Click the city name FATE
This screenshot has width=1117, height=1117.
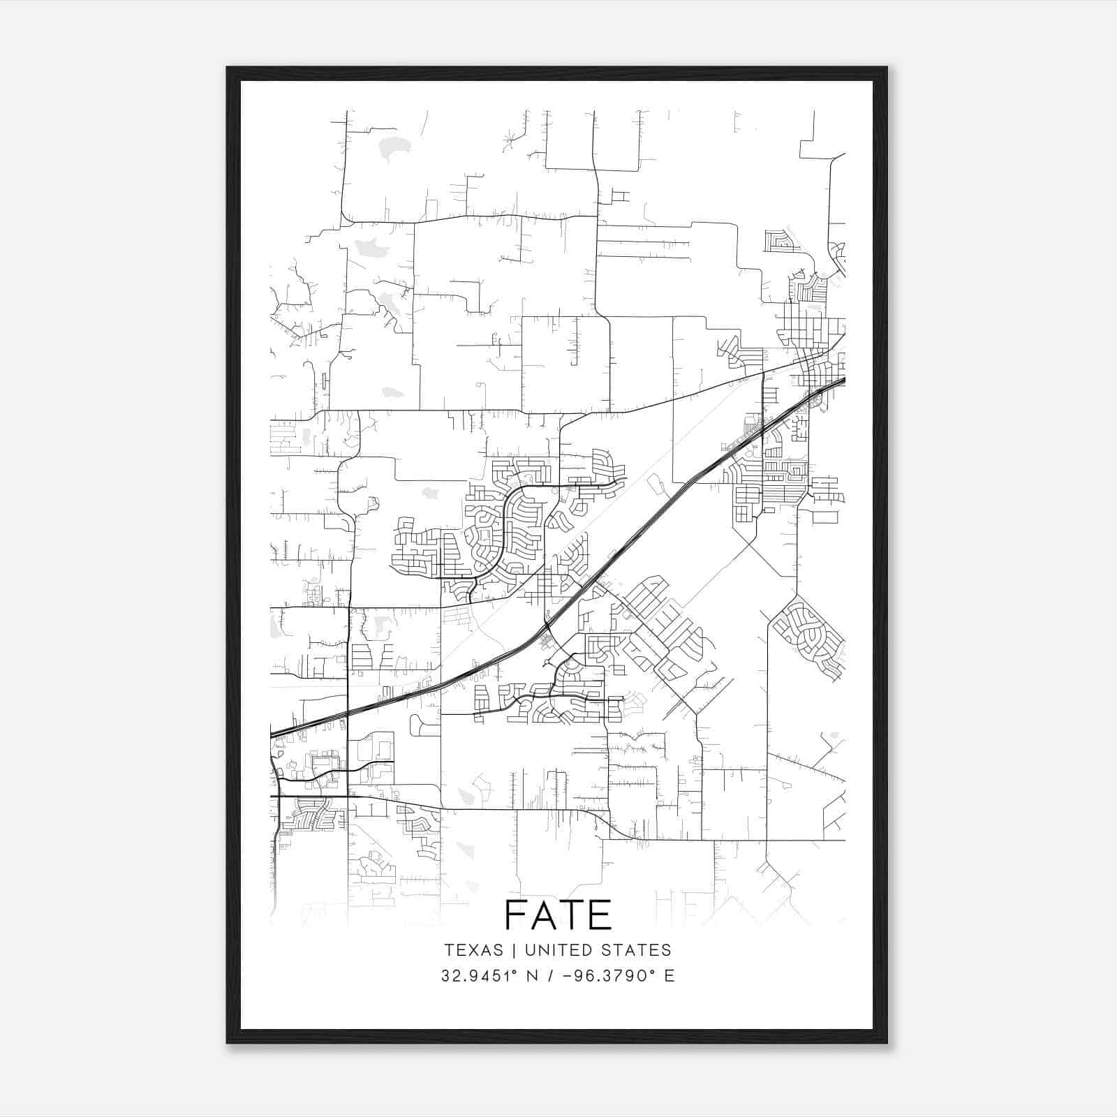(x=558, y=915)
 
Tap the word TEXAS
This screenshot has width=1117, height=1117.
(x=474, y=950)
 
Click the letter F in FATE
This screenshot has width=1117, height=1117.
(x=516, y=915)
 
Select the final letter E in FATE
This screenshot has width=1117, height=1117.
(x=601, y=915)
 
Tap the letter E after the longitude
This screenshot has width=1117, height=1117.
(x=670, y=975)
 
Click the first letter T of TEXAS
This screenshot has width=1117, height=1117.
(x=448, y=950)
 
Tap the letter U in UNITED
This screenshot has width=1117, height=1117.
(x=530, y=950)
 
